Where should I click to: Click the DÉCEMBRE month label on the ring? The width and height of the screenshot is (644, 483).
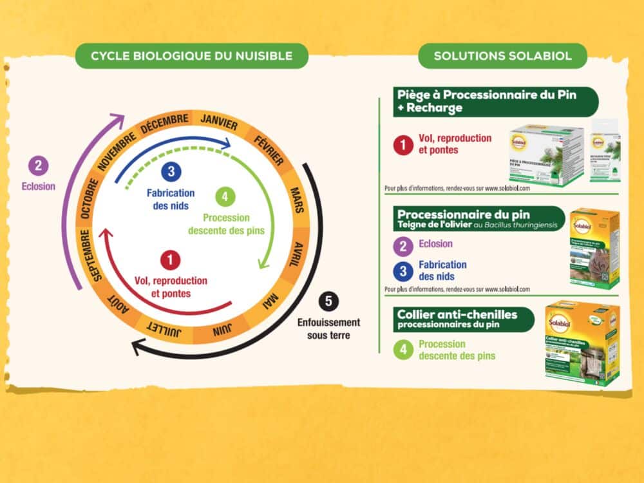point(165,120)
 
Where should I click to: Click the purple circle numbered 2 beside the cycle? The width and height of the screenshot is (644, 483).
point(38,166)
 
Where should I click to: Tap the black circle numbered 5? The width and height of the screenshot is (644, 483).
point(328,301)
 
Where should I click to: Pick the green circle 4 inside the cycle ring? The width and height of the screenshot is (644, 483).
point(222,195)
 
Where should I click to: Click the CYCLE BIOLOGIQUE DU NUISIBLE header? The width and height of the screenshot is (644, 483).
point(191,56)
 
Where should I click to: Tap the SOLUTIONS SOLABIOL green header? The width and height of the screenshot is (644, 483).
point(502,56)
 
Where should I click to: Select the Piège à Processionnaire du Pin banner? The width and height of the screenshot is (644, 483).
point(495,101)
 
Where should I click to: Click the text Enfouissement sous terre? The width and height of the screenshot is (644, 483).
point(328,328)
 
